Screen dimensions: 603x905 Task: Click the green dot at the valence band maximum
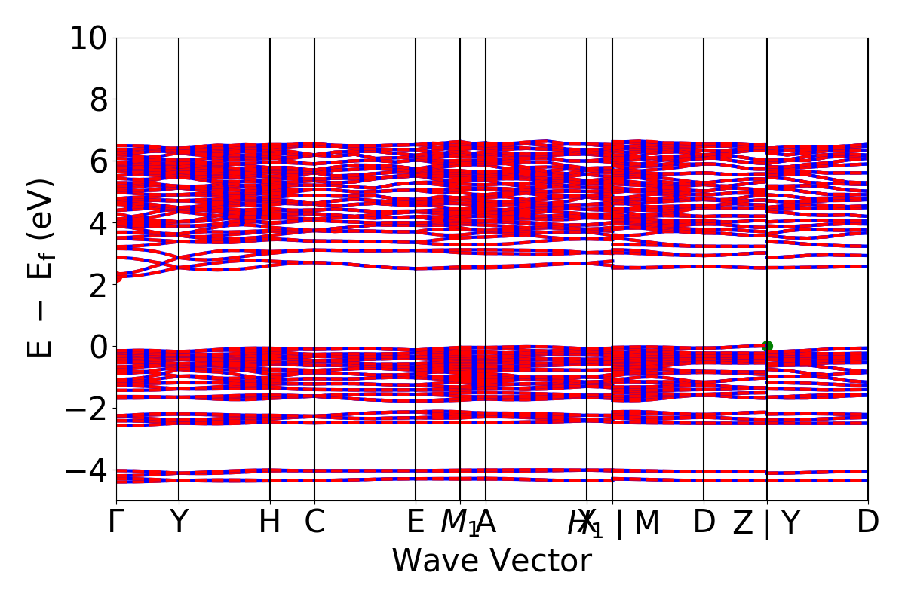click(x=767, y=346)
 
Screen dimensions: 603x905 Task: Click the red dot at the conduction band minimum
click(x=117, y=277)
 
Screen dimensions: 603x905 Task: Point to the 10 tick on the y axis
click(x=89, y=38)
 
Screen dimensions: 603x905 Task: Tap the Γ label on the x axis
click(x=115, y=522)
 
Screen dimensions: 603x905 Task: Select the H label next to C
click(x=270, y=522)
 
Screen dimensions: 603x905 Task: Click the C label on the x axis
click(x=314, y=522)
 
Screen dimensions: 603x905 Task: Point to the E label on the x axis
click(x=416, y=522)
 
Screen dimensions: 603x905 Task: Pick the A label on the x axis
click(x=486, y=522)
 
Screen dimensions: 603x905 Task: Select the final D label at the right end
click(x=868, y=522)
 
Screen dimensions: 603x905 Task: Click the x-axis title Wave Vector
click(x=492, y=562)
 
